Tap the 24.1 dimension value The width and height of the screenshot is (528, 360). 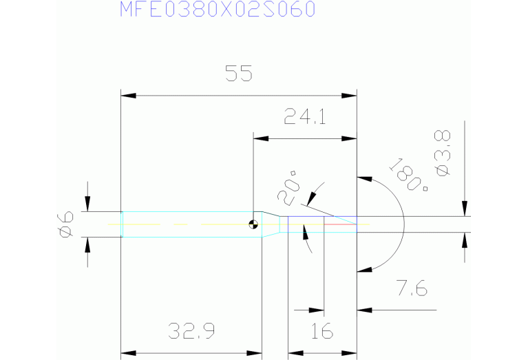coord(305,118)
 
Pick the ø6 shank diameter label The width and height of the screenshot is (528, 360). coord(65,224)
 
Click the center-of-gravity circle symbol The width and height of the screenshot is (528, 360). coord(254,224)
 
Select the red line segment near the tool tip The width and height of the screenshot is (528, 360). coord(340,224)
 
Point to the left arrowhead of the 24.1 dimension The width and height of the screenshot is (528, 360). coord(259,139)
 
